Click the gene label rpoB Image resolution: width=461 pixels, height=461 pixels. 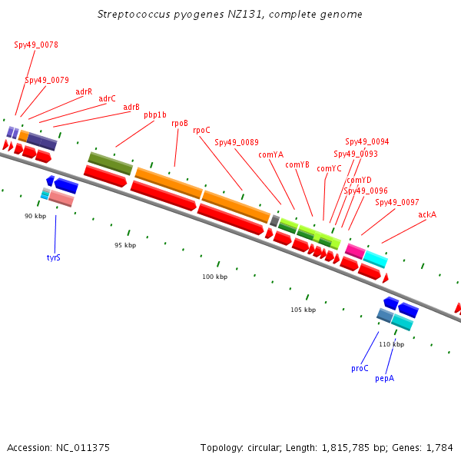180,123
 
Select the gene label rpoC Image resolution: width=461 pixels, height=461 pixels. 201,131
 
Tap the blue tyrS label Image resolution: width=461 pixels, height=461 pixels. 54,257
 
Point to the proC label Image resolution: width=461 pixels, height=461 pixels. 360,368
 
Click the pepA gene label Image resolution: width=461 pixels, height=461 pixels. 384,378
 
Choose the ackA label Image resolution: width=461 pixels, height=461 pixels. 427,214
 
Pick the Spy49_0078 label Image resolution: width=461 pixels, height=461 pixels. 36,45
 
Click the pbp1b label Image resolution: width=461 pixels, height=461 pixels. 155,115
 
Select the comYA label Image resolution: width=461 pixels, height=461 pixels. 271,154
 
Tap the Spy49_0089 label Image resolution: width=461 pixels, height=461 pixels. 237,142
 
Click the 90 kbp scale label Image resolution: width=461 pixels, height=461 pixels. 35,216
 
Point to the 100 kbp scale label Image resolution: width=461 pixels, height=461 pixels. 215,277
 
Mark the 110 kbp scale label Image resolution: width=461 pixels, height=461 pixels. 391,344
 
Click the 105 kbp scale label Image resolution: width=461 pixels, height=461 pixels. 303,310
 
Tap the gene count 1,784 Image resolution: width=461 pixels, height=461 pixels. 439,447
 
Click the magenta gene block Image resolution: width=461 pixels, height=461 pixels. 354,250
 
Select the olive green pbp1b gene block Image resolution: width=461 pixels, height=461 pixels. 111,163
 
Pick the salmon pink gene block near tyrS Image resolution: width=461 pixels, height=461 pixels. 61,199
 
